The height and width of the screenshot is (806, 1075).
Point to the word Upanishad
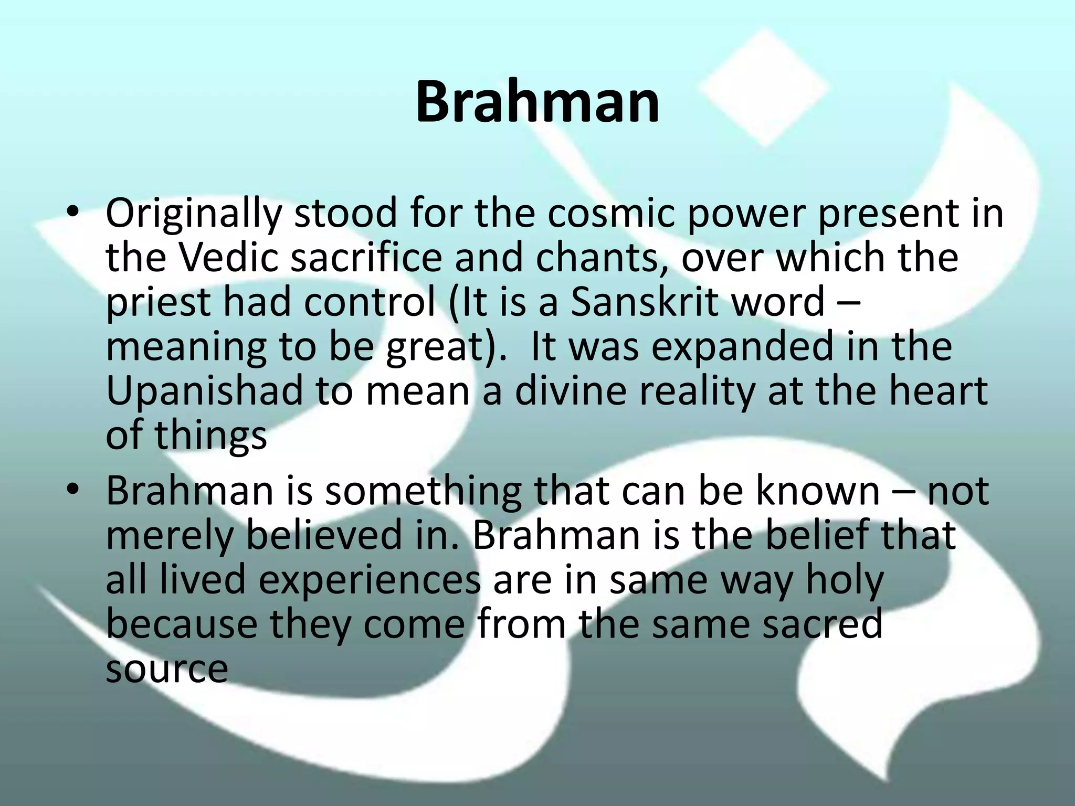click(204, 391)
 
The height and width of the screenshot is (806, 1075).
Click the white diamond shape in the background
click(764, 87)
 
